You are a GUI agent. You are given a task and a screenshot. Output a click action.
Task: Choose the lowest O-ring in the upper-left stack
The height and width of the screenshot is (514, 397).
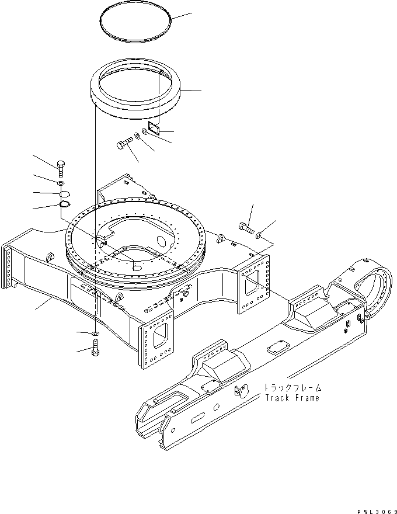[x=65, y=204]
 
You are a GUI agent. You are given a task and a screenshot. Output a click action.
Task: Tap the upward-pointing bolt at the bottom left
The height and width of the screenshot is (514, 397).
[x=95, y=352]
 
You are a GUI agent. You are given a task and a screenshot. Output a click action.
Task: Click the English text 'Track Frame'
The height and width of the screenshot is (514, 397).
[x=292, y=398]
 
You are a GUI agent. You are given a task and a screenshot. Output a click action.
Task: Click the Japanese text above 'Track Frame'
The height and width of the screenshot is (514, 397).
[x=292, y=387]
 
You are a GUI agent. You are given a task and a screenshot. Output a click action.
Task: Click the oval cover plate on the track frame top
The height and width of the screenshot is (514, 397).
[x=274, y=351]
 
